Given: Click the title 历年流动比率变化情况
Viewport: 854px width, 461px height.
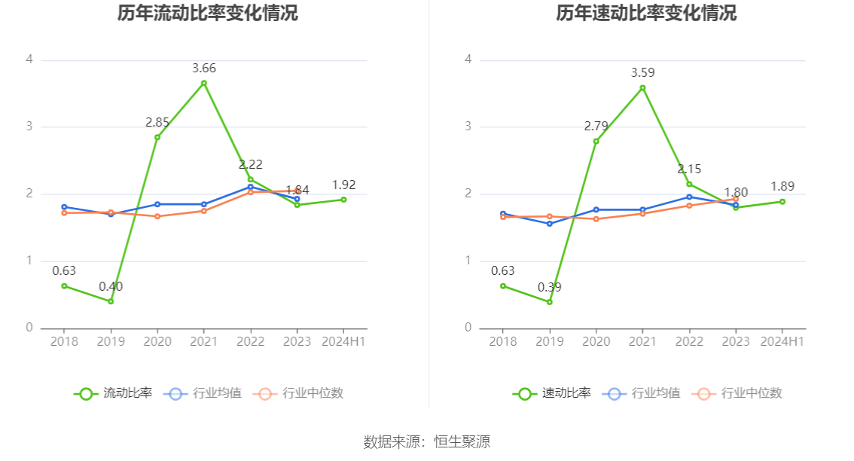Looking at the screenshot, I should click(x=207, y=14).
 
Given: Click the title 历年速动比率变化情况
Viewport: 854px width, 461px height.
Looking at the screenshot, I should click(x=646, y=14).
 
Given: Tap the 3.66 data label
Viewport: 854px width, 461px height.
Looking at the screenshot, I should click(x=204, y=69).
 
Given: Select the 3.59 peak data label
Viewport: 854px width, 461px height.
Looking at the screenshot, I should click(x=642, y=73).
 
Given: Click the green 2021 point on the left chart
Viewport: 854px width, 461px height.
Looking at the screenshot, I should click(x=204, y=83).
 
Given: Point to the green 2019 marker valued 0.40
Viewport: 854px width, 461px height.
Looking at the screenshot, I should click(x=111, y=301).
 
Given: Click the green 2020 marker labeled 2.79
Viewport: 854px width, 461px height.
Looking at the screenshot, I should click(x=596, y=142).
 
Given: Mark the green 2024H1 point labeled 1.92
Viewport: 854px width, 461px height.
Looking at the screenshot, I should click(x=343, y=200).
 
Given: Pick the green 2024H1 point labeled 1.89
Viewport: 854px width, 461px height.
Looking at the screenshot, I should click(x=782, y=201).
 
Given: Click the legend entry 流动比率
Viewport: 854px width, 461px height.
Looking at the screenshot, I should click(x=113, y=393).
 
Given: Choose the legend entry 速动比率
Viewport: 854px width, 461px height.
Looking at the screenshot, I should click(x=552, y=393).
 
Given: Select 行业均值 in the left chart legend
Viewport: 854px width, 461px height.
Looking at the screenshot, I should click(x=203, y=393).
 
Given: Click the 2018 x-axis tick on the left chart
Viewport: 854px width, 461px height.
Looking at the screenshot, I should click(x=64, y=342).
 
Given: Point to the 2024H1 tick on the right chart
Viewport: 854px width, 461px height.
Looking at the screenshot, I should click(x=782, y=342).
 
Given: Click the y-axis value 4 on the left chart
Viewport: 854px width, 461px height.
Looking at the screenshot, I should click(x=29, y=60).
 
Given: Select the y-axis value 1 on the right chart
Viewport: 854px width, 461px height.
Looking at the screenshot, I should click(x=468, y=261).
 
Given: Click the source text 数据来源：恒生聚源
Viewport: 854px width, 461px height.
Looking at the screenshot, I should click(x=427, y=442).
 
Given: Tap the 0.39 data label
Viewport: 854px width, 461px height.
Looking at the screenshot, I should click(x=549, y=288).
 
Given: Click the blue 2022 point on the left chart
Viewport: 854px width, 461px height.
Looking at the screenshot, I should click(x=251, y=187).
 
